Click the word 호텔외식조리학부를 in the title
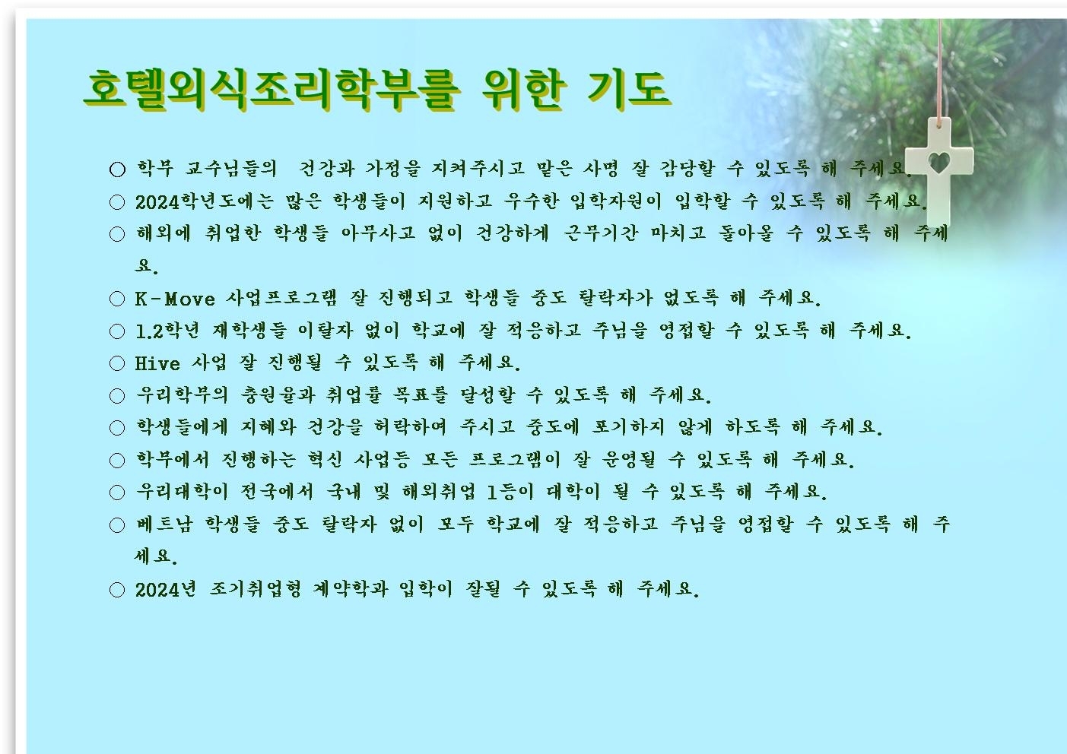272,90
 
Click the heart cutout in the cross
939,163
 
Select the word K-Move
175,299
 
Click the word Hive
157,363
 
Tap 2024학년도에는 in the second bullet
205,202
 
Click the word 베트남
164,524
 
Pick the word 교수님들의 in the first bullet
231,169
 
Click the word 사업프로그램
281,299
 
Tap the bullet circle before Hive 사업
117,363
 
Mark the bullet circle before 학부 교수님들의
117,169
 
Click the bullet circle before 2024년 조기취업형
117,591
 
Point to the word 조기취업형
256,589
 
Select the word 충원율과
278,395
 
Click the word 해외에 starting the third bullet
164,233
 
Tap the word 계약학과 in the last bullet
351,589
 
